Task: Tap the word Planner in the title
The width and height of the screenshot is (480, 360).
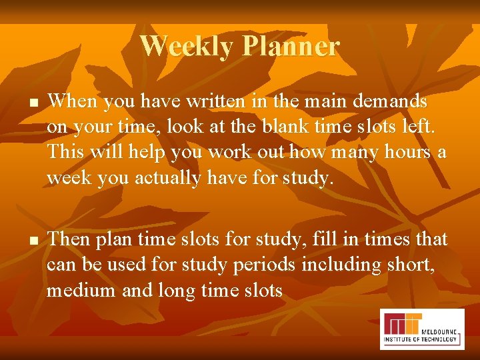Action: tap(291, 46)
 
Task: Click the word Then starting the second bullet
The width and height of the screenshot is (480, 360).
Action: tap(71, 238)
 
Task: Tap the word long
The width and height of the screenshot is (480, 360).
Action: tap(180, 290)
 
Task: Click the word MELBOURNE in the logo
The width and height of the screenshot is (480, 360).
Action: tap(440, 330)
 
